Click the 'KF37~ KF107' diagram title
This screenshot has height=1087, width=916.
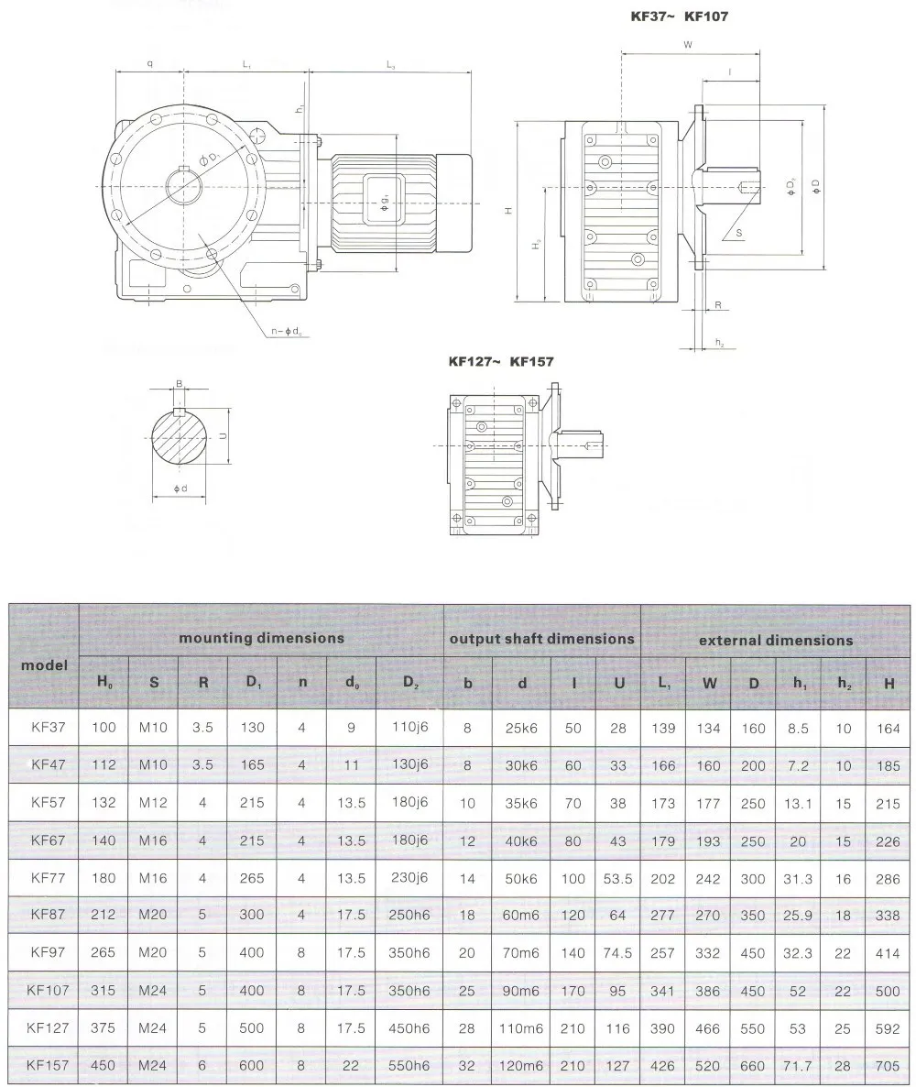(677, 16)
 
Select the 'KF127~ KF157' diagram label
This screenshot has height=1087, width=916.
(500, 362)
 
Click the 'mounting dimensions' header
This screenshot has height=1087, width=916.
(261, 638)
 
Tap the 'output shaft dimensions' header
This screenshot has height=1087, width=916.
(541, 639)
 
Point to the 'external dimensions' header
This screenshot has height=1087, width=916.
(775, 640)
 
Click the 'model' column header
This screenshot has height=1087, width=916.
(44, 664)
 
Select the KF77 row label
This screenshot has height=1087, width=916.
(47, 877)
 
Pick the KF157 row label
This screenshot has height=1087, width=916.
(47, 1065)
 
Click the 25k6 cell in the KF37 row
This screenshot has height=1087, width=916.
(522, 729)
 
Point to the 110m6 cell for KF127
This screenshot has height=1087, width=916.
(521, 1028)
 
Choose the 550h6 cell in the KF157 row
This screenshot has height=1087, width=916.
(409, 1066)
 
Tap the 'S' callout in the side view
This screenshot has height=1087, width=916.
(738, 234)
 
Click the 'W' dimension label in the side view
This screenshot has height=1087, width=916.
(687, 43)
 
